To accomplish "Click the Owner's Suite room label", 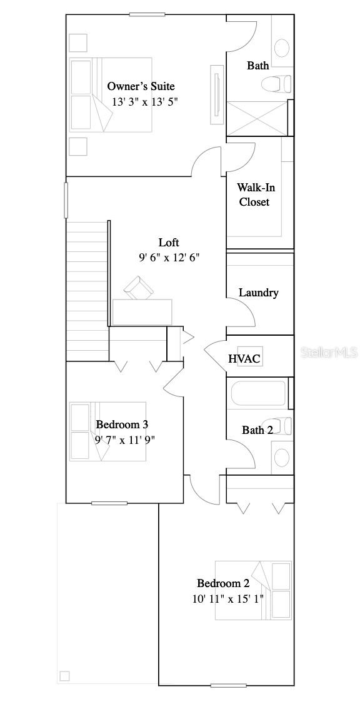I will (x=141, y=86).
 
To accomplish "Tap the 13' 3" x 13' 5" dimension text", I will (x=145, y=102).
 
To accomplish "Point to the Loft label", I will (x=169, y=243).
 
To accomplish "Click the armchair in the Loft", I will (x=139, y=289).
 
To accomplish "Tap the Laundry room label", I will (x=259, y=293).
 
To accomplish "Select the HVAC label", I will (x=244, y=359).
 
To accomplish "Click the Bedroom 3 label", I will (x=122, y=425).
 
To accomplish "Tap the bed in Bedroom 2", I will (x=253, y=590).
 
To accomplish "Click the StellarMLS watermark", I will (x=329, y=353).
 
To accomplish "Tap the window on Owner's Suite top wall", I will (x=147, y=14).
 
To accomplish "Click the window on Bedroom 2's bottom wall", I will (x=228, y=686).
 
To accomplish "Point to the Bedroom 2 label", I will (x=223, y=583).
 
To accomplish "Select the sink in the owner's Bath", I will (x=282, y=48).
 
